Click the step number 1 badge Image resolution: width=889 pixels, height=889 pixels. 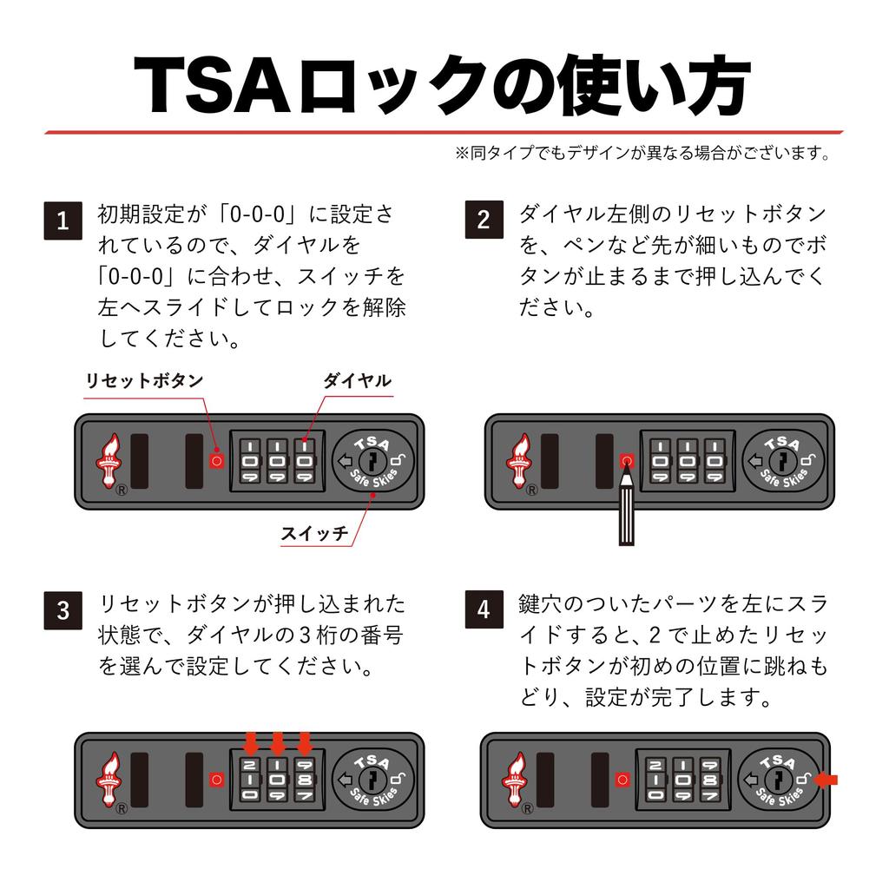pyautogui.click(x=63, y=221)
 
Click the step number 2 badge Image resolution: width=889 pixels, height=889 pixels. pyautogui.click(x=484, y=221)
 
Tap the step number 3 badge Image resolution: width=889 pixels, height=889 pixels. pyautogui.click(x=63, y=610)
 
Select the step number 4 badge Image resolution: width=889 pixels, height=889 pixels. pyautogui.click(x=484, y=610)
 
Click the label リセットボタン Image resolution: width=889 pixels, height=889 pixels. pyautogui.click(x=144, y=381)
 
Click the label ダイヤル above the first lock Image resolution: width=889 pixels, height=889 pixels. pyautogui.click(x=357, y=381)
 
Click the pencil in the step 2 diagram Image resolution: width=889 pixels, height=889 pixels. pyautogui.click(x=626, y=508)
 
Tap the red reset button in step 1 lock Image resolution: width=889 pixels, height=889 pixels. pyautogui.click(x=216, y=461)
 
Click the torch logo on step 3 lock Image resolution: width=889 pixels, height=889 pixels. pyautogui.click(x=110, y=779)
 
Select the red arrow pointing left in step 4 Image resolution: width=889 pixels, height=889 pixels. pyautogui.click(x=827, y=780)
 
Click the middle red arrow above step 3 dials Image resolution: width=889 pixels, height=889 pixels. pyautogui.click(x=278, y=743)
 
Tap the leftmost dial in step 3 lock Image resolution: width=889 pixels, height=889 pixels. pyautogui.click(x=250, y=780)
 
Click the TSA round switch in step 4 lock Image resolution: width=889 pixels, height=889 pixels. pyautogui.click(x=777, y=780)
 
